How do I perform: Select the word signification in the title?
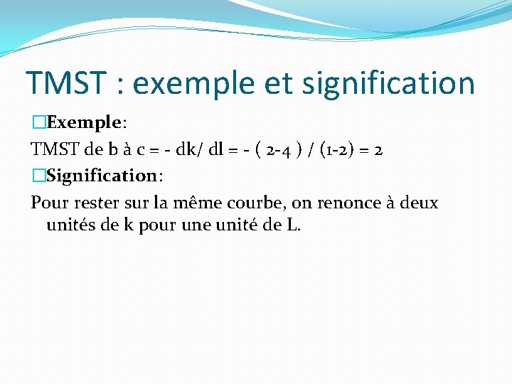click(x=388, y=82)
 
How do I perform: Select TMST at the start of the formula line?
click(x=55, y=149)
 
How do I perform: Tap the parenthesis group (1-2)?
click(x=344, y=149)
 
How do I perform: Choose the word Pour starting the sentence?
click(x=48, y=203)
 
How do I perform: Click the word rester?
click(x=93, y=203)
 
